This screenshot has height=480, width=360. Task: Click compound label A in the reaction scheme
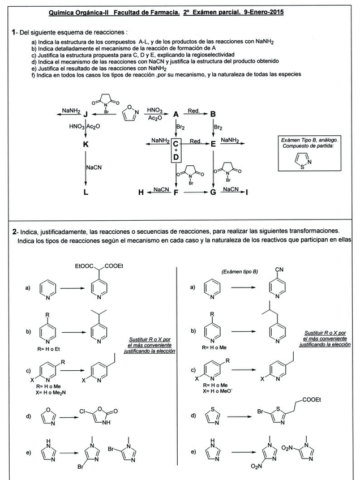(x=176, y=114)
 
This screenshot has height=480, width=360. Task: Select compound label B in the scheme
(x=213, y=114)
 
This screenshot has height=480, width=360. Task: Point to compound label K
(x=85, y=145)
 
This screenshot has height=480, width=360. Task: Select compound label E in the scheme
(x=213, y=144)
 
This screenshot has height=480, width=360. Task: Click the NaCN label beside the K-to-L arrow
(x=94, y=168)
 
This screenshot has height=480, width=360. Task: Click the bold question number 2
(x=14, y=232)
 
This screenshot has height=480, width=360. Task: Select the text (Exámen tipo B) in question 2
(x=239, y=272)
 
